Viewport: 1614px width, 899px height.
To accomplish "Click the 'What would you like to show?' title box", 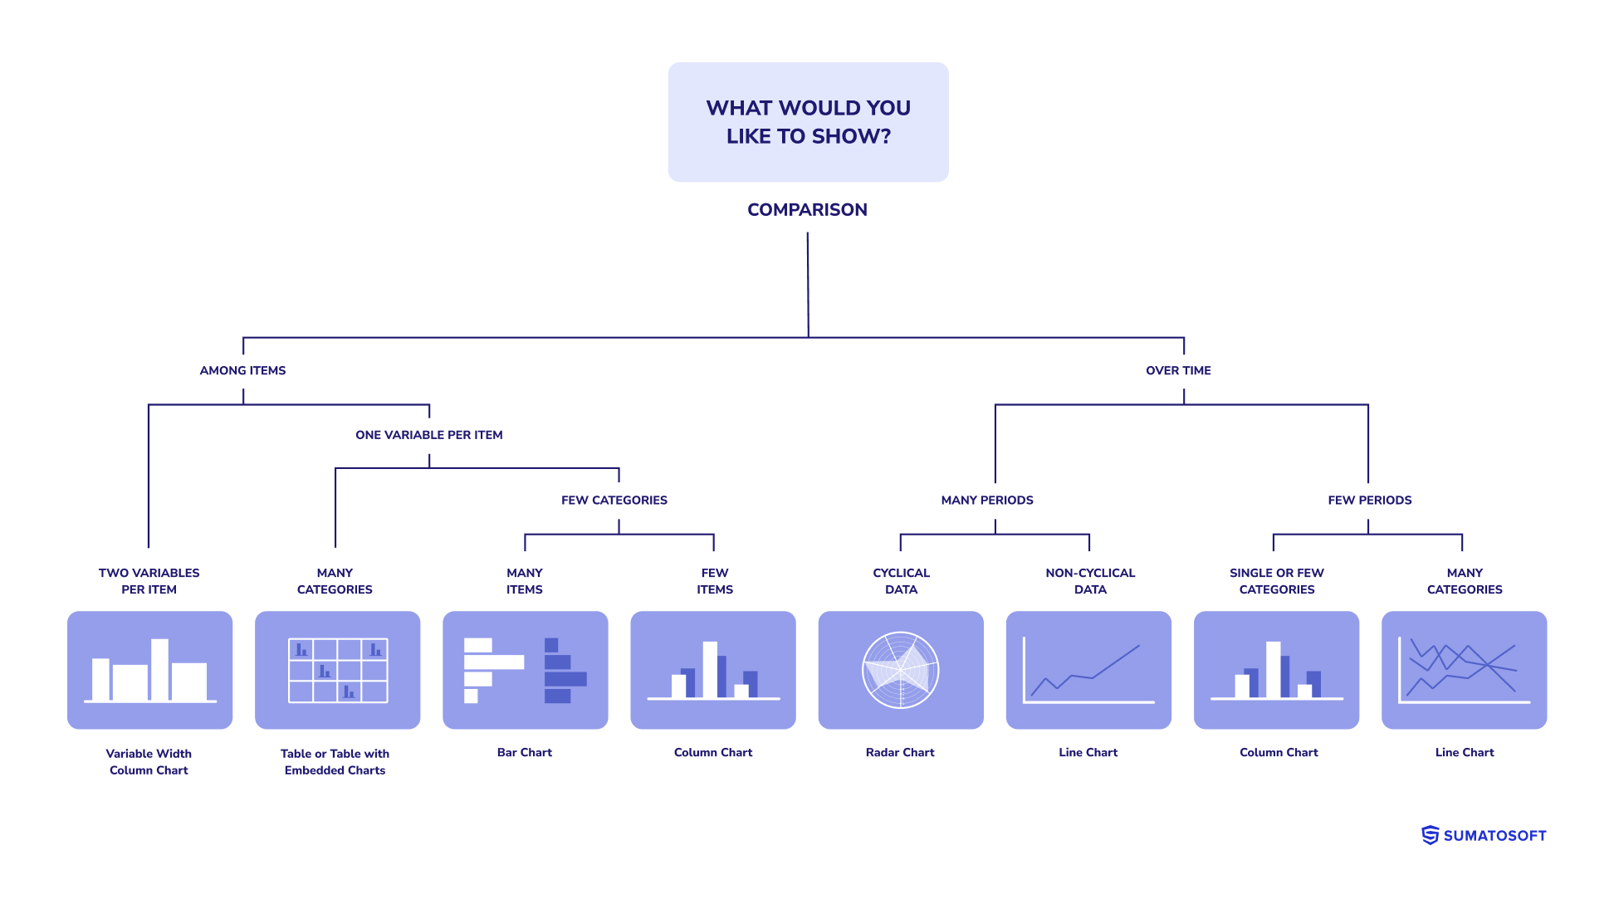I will [808, 122].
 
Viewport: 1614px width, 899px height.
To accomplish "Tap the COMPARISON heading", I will [807, 210].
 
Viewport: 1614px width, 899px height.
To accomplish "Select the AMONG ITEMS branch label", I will [242, 370].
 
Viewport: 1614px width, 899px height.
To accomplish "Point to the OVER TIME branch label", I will [1178, 370].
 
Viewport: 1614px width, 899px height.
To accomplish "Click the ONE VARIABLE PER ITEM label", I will [428, 435].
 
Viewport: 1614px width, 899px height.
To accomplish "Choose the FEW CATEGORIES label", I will [614, 500].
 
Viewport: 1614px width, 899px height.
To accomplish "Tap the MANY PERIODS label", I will [986, 500].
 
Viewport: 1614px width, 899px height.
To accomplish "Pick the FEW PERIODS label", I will [1369, 500].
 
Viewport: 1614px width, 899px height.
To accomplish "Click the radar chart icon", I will [901, 670].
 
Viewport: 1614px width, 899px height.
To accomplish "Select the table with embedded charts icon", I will [337, 670].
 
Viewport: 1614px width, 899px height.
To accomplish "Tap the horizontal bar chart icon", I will [525, 670].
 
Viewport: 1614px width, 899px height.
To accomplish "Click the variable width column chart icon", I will [149, 670].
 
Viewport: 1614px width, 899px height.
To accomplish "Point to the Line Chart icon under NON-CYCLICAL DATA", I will [1088, 670].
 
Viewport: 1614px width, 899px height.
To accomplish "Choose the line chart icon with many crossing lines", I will [1464, 670].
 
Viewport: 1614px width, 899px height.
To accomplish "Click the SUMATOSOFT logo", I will [1484, 835].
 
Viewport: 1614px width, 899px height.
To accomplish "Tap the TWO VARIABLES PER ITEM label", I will [149, 581].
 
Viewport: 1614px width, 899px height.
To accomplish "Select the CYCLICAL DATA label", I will [901, 581].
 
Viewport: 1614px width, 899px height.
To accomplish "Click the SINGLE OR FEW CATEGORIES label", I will [1276, 581].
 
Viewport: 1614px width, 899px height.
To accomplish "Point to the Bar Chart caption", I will [524, 752].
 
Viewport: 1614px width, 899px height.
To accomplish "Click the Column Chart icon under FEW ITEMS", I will [712, 670].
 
